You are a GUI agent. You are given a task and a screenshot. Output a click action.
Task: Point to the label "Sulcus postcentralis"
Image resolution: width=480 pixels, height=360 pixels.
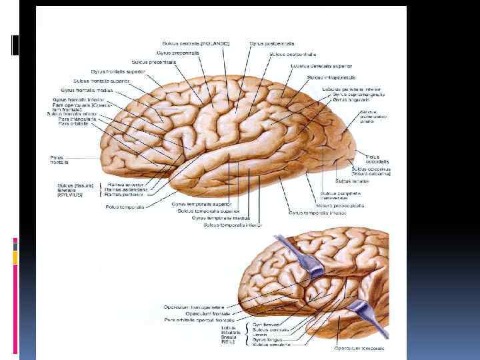[x=293, y=54]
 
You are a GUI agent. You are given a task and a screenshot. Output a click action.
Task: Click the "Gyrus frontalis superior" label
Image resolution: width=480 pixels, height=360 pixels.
[x=118, y=71]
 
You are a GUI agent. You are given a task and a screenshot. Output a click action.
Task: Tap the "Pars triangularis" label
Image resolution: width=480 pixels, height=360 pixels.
[x=75, y=119]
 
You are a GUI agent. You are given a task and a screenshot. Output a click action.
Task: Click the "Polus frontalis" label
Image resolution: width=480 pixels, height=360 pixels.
[x=59, y=160]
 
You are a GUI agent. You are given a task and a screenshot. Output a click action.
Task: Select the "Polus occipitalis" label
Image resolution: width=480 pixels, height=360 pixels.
[x=377, y=159]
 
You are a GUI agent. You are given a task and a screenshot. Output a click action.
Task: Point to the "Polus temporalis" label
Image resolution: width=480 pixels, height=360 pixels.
[x=125, y=207]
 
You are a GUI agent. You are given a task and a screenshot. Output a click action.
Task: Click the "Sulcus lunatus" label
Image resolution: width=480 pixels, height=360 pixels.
[x=349, y=180]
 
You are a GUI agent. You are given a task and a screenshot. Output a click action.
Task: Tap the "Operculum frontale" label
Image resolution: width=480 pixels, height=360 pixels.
[x=207, y=313]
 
